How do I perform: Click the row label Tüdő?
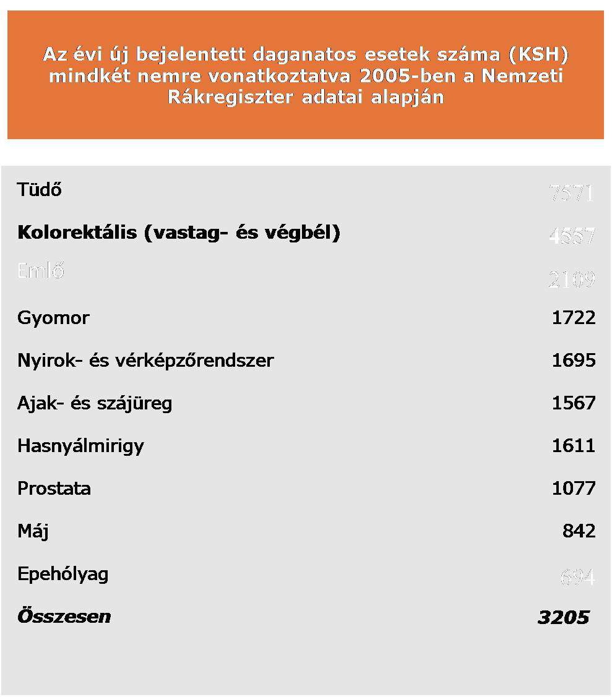coord(40,189)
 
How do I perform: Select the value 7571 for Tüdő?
coord(571,194)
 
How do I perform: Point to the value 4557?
coord(571,236)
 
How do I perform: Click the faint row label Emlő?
coord(41,271)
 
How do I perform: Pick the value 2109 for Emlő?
coord(571,280)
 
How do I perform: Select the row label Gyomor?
coord(53,318)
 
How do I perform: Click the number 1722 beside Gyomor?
coord(573,318)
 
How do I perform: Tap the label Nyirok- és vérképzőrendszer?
coord(145,361)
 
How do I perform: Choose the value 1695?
coord(573,361)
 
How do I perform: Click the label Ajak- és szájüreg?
coord(95,403)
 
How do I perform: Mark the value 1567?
coord(573,403)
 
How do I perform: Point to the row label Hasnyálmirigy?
coord(80,446)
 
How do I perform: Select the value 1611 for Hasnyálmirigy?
coord(573,446)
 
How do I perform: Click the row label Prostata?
coord(54,489)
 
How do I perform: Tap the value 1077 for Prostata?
coord(573,489)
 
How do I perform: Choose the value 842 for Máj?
coord(579,531)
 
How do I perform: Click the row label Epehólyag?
coord(63,574)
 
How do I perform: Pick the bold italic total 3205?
coord(563,617)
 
